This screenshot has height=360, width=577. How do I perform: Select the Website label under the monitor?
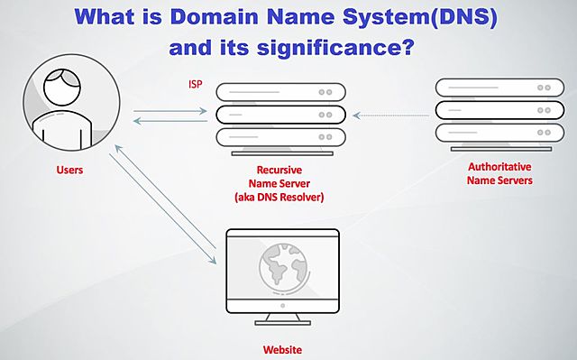[x=282, y=349]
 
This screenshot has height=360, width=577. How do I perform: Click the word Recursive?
[x=279, y=169]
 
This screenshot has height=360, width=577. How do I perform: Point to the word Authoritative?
[x=499, y=167]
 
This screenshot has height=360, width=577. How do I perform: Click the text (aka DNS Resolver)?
[x=279, y=197]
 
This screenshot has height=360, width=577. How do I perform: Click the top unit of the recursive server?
[x=281, y=92]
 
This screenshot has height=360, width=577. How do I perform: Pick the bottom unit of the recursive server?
[x=281, y=138]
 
